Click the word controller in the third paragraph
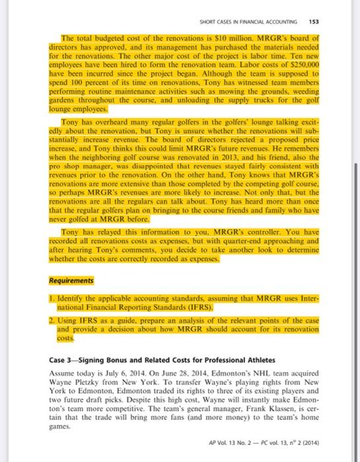point(257,233)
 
